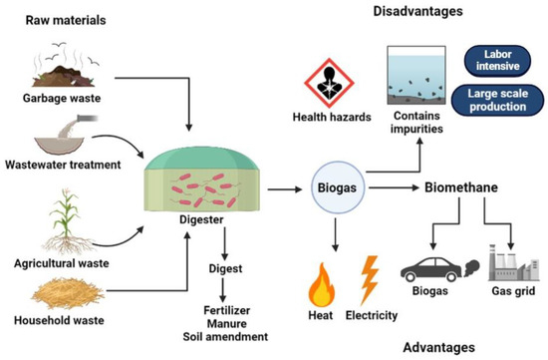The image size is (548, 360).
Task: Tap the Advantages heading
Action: point(441,346)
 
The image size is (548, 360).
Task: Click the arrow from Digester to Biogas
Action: point(278,186)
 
